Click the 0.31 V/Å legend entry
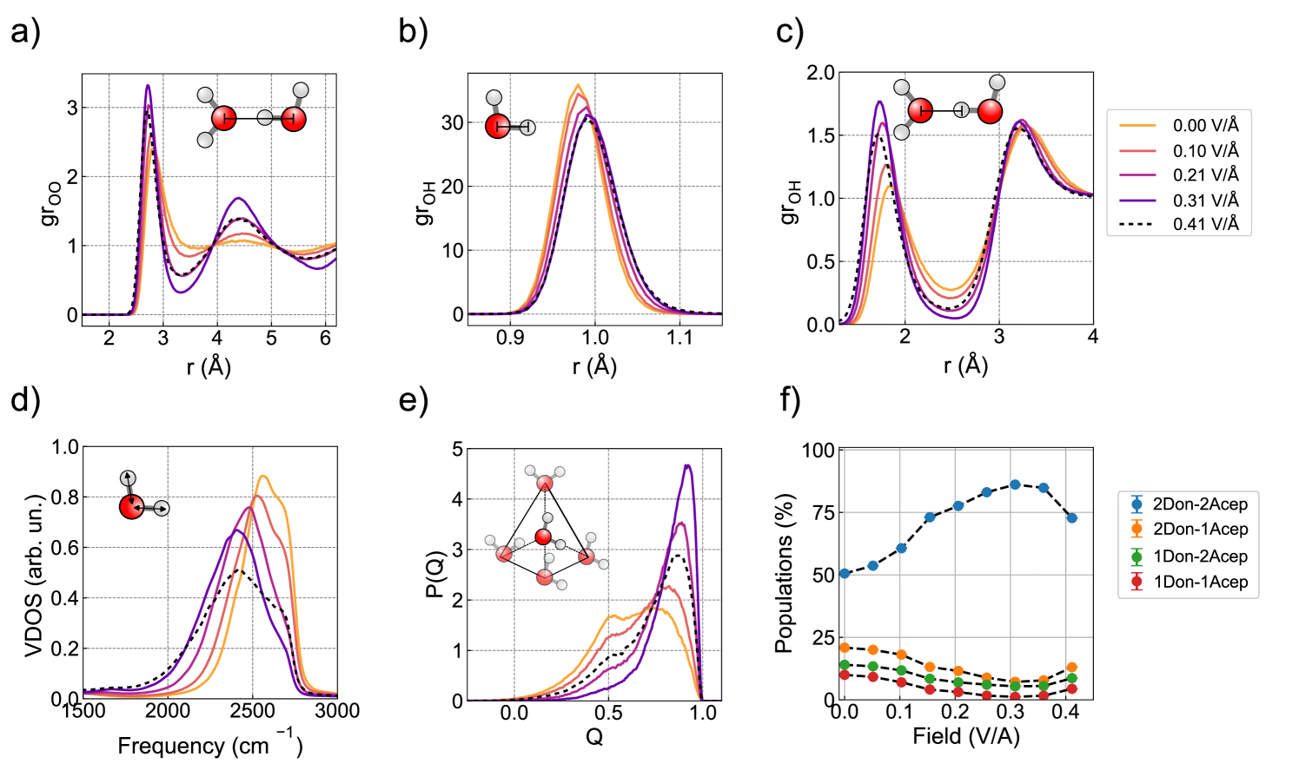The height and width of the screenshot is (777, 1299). coord(1205,200)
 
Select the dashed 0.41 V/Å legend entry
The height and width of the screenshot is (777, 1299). coord(1205,224)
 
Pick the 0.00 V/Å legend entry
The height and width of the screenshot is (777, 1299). coord(1205,126)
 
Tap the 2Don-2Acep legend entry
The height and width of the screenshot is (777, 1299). coord(1199,504)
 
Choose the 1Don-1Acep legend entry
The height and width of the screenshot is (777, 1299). coord(1199,582)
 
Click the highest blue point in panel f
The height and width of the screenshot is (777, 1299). coord(1015,484)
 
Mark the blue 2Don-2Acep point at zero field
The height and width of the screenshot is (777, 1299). coord(845,574)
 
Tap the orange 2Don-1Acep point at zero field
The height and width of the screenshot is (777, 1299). coord(845,648)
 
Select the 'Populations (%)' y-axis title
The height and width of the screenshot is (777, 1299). coord(785,573)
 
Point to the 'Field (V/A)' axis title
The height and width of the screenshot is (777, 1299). coord(965,737)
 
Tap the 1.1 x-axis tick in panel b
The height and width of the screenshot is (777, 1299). coord(679,337)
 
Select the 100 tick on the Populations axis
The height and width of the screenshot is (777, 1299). coord(818,450)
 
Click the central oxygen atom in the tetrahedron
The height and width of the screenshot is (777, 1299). coord(543,537)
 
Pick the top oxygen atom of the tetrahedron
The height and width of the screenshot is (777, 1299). coord(545,484)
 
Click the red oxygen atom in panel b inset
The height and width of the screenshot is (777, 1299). coord(498,126)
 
